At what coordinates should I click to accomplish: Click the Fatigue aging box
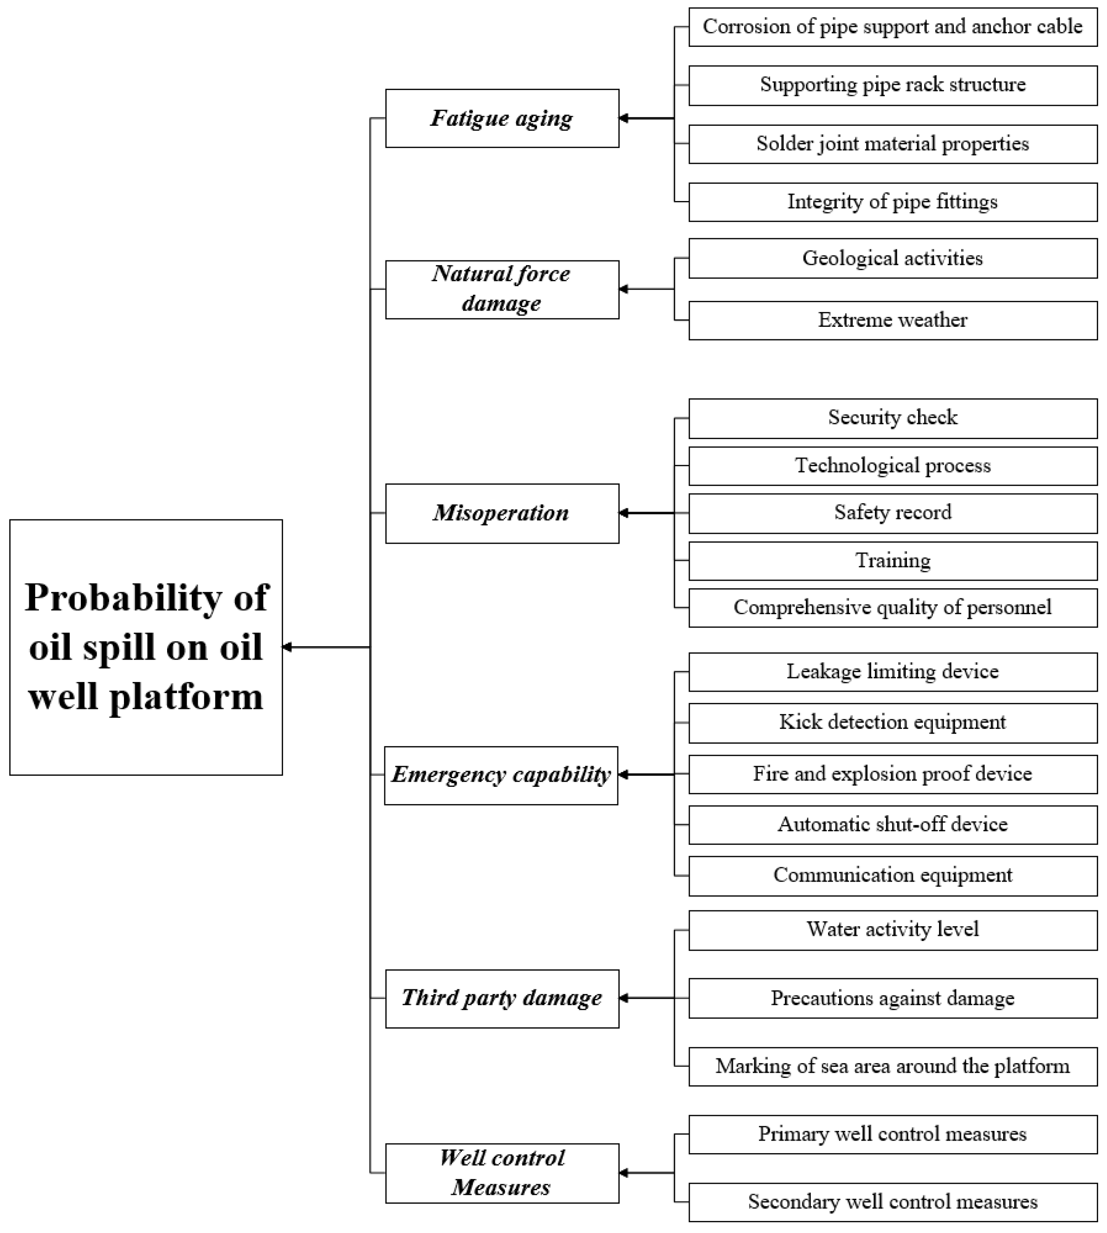[x=502, y=118]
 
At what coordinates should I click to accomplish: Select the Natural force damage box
[x=502, y=290]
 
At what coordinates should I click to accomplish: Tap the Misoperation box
[x=502, y=513]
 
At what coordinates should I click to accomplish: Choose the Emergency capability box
[x=500, y=775]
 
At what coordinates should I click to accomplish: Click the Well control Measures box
[x=502, y=1173]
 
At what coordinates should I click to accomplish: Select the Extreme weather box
[x=892, y=320]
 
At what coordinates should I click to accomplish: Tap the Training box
[x=892, y=560]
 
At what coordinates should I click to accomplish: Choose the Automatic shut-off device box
[x=892, y=825]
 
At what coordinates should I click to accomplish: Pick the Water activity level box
[x=892, y=929]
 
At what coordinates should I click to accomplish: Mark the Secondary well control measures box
[x=892, y=1202]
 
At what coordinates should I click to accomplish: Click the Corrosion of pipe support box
[x=892, y=27]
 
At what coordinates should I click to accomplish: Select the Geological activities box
[x=892, y=259]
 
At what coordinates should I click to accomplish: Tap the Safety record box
[x=892, y=513]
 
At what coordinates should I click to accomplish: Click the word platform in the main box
[x=186, y=697]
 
